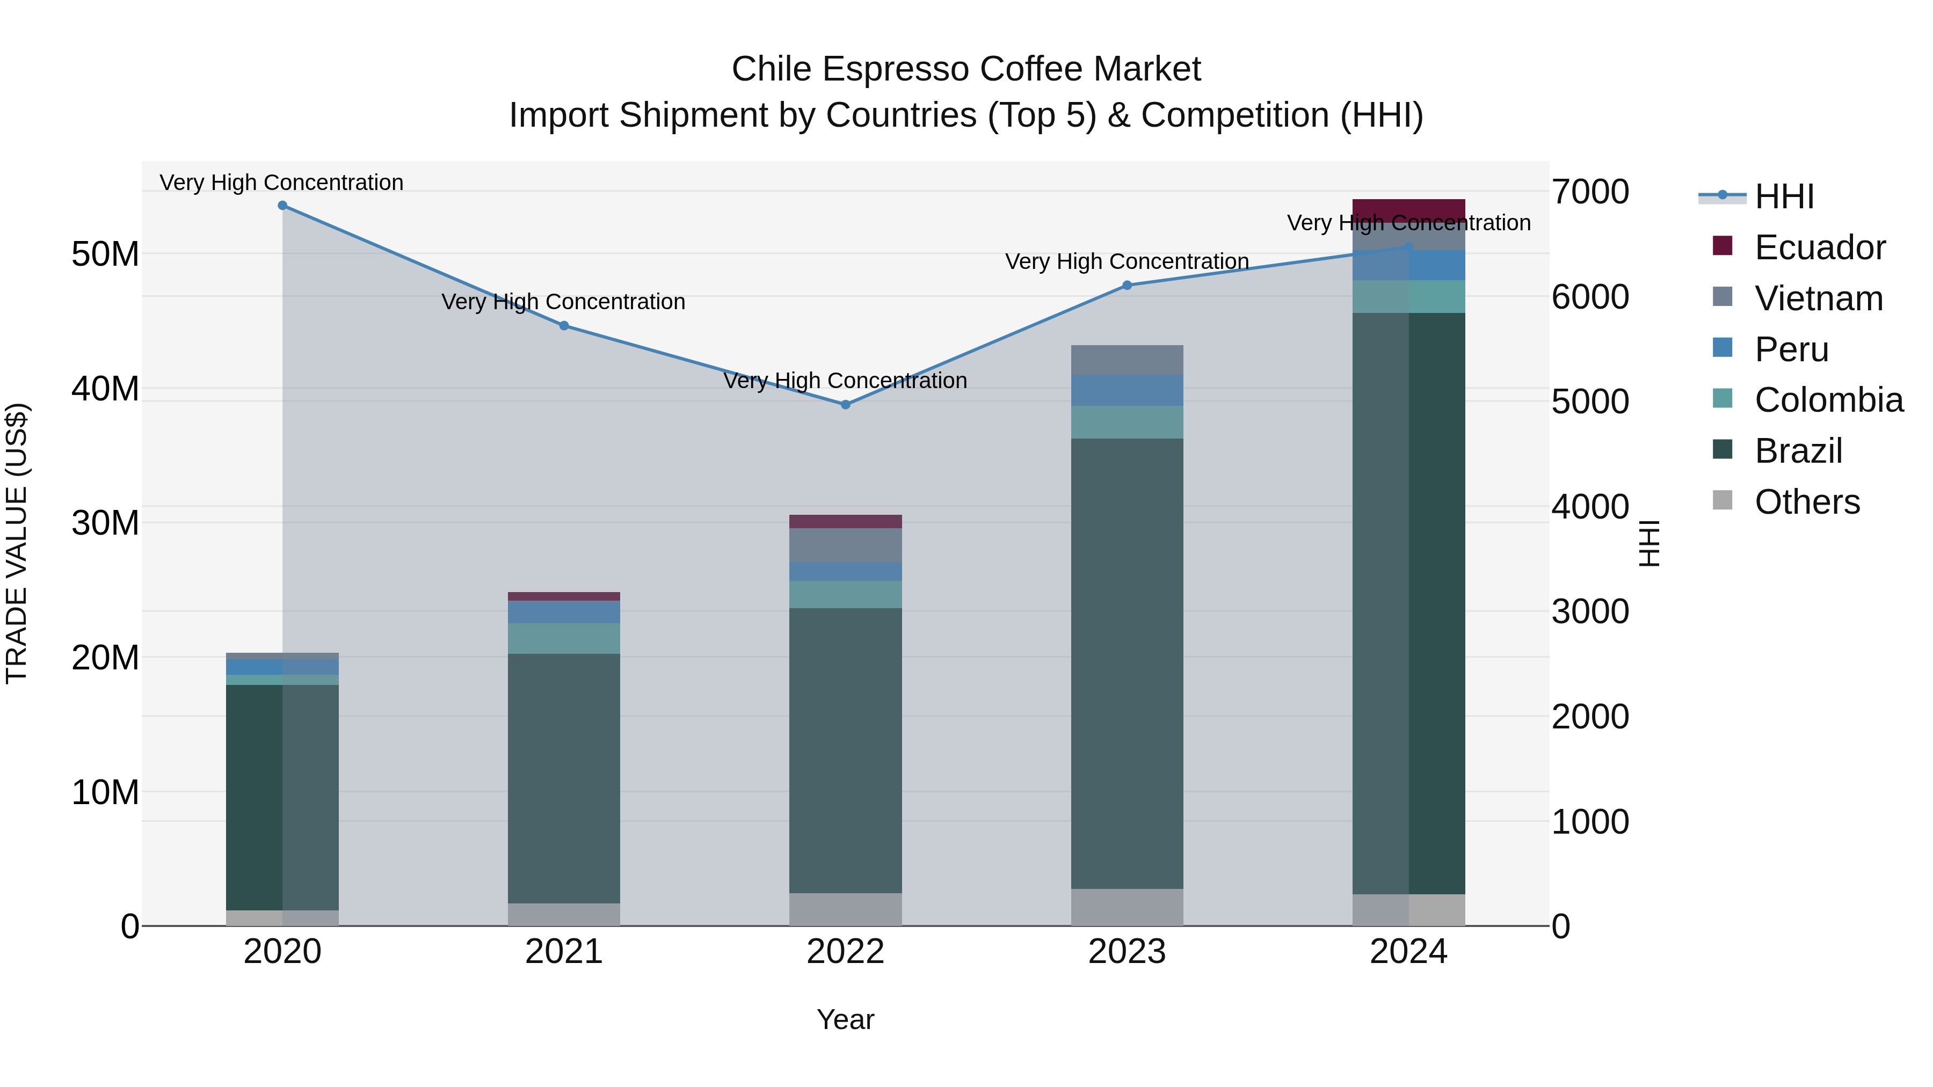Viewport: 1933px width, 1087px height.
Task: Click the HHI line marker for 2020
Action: tap(282, 206)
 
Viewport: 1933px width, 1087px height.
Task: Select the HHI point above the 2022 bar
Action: tap(846, 404)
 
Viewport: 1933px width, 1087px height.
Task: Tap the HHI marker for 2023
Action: tap(1127, 285)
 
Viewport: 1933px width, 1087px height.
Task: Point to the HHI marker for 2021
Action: tap(564, 326)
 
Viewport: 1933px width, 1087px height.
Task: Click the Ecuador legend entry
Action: tap(1819, 247)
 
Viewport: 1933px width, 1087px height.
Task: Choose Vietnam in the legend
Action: tap(1818, 298)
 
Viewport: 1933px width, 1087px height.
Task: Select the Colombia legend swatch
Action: tap(1723, 399)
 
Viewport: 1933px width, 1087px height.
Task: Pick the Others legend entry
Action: tap(1807, 502)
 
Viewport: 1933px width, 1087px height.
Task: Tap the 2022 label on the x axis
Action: tap(846, 952)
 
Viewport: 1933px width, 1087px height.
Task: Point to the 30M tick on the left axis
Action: tap(105, 523)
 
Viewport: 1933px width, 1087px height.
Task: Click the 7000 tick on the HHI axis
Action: tap(1590, 192)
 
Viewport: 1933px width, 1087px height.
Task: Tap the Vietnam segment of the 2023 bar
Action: tap(1127, 360)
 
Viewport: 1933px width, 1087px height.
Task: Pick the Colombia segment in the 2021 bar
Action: tap(564, 638)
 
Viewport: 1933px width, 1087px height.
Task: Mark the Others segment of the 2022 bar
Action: tap(846, 909)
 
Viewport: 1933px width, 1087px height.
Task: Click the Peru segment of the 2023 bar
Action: tap(1127, 391)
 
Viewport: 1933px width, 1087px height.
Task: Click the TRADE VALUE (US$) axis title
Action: tap(17, 544)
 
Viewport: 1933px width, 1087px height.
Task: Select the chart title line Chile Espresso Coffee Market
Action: tap(966, 69)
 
